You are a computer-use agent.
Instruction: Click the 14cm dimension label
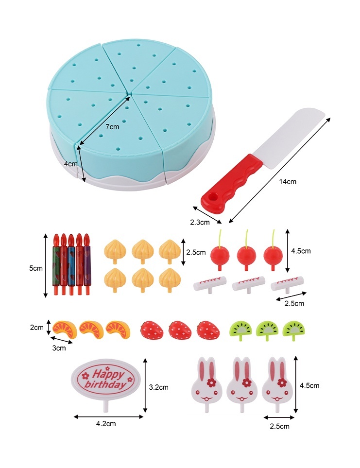click(288, 182)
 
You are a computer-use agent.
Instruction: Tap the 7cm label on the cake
click(112, 127)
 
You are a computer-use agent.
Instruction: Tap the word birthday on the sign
click(104, 385)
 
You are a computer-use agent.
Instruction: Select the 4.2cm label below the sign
click(106, 423)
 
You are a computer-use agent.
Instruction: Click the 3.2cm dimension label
click(158, 387)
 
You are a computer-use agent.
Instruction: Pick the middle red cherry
click(245, 255)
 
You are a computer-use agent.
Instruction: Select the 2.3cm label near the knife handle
click(199, 223)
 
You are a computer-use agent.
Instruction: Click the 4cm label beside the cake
click(71, 164)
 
